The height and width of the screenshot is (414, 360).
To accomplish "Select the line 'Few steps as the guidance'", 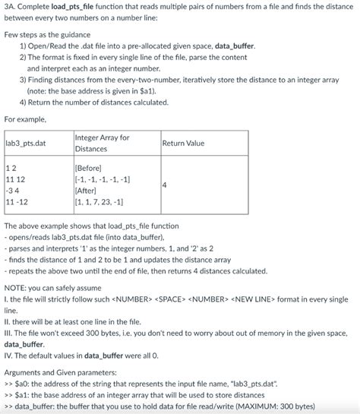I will point(47,35).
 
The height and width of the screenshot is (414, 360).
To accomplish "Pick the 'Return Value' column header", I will point(183,143).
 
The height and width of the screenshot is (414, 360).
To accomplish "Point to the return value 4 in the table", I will point(165,185).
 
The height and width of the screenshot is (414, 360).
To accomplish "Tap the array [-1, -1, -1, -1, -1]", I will point(103,179).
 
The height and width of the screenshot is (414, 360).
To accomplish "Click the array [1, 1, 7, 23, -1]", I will point(99,202).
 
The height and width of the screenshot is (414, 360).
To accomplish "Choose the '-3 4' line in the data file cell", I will point(14,191).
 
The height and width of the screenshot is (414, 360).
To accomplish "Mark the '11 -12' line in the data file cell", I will point(17,202).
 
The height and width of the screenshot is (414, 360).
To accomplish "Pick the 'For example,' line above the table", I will point(25,119).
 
